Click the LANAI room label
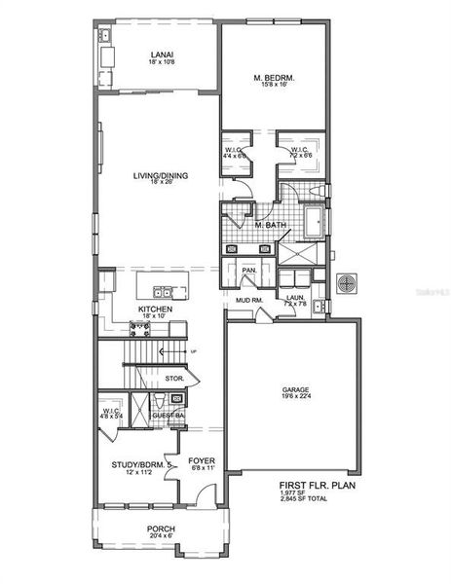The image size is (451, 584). pos(162,55)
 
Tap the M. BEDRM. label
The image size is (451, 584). pos(275,77)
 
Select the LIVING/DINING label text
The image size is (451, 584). pos(162,176)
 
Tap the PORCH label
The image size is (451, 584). pos(161,529)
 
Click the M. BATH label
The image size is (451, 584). pos(269,226)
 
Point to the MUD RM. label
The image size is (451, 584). pos(247,300)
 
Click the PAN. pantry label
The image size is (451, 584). pos(248,270)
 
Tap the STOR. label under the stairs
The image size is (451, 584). pos(175,377)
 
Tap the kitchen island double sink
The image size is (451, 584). pos(164,291)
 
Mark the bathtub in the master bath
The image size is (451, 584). pos(315,223)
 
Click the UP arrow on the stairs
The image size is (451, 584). pos(191,350)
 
